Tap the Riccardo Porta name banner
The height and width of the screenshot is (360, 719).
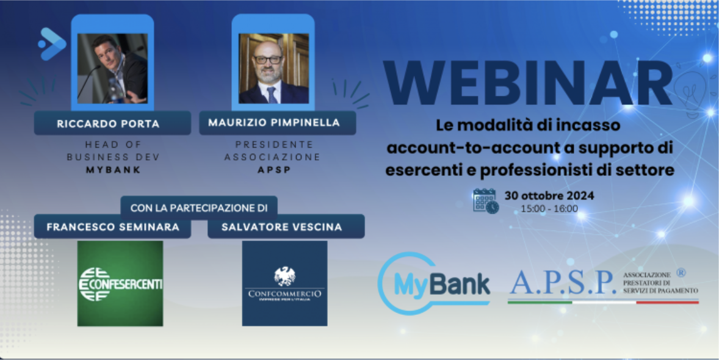point(108,124)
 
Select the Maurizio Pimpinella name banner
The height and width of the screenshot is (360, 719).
point(274,123)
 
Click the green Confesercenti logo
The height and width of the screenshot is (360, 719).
point(120,283)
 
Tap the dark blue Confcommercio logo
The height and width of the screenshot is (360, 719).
point(284,283)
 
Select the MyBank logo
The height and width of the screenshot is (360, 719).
point(434,283)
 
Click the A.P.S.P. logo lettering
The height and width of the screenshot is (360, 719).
point(562,283)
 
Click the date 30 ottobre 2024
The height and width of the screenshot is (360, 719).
point(549,196)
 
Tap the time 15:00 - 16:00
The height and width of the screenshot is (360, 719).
point(549,209)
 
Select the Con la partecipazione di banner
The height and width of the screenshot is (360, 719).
point(199,207)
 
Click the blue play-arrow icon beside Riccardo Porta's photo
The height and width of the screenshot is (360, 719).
point(51,44)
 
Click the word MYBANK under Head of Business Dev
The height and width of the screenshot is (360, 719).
point(114,170)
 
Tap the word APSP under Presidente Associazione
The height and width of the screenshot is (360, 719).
point(274,170)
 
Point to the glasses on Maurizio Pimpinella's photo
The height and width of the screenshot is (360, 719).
point(269,60)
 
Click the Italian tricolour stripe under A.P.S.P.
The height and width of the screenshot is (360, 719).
point(602,301)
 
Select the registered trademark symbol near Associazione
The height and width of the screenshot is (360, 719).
point(681,273)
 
